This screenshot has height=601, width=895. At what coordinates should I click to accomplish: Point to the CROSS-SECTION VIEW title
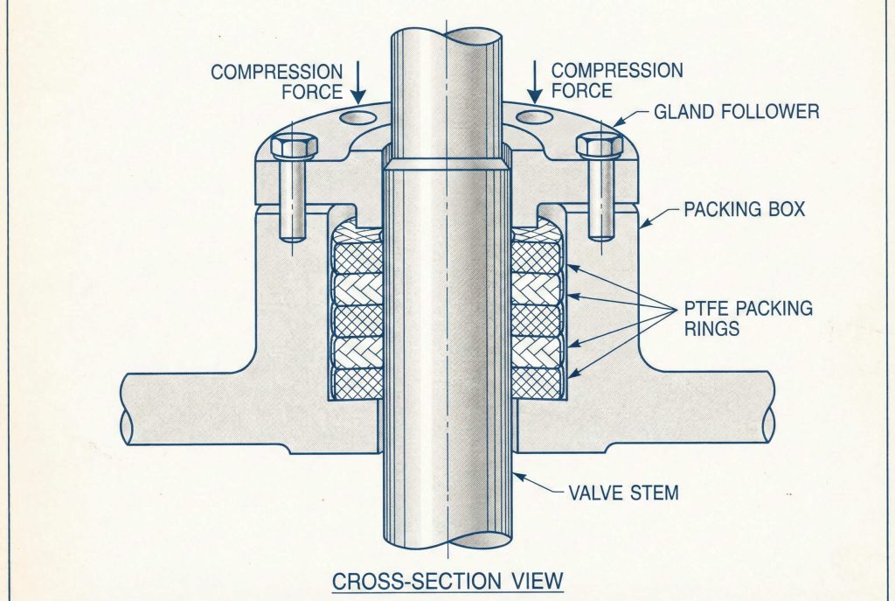point(447,579)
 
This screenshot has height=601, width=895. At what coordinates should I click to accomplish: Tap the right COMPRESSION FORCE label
point(617,80)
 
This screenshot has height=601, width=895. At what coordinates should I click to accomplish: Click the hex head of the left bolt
point(295,146)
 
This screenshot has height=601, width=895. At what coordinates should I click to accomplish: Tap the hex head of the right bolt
point(600,145)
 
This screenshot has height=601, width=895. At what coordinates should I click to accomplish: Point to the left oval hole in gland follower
point(357,115)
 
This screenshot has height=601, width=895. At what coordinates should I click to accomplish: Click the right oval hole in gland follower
point(537,115)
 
